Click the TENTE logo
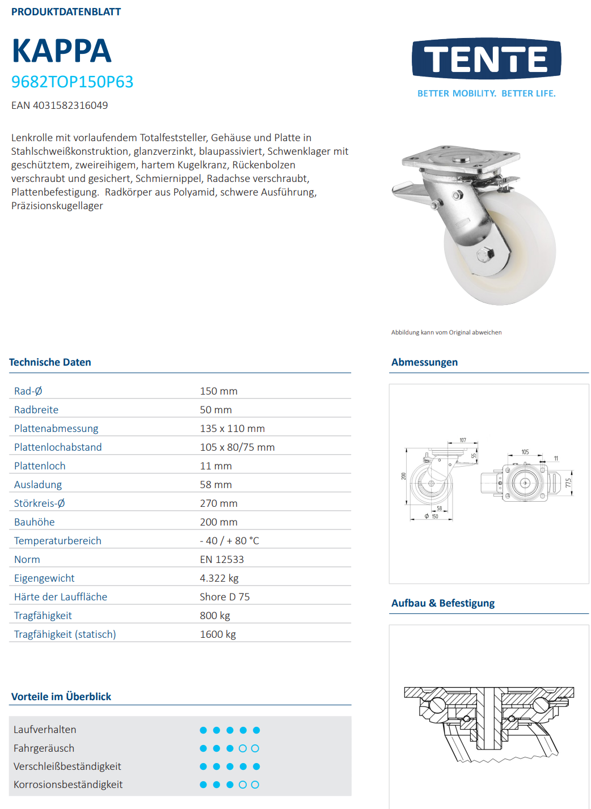[x=486, y=59]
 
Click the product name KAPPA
[x=61, y=51]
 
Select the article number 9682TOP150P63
[x=72, y=82]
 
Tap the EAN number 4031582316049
[x=70, y=105]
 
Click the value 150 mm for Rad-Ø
[x=218, y=391]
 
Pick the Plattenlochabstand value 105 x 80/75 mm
[x=237, y=447]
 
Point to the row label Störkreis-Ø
[x=39, y=503]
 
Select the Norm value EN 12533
[x=221, y=560]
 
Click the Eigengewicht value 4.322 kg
[x=219, y=578]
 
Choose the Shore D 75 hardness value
[x=225, y=597]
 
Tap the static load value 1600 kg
[x=218, y=634]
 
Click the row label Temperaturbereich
[x=57, y=541]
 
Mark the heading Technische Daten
[x=50, y=362]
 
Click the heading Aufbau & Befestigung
[x=442, y=603]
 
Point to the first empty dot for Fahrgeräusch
[x=243, y=748]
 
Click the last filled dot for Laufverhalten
[x=256, y=730]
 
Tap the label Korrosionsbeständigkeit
[x=68, y=785]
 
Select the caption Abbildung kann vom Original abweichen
[x=446, y=333]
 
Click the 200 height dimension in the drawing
[x=403, y=476]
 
